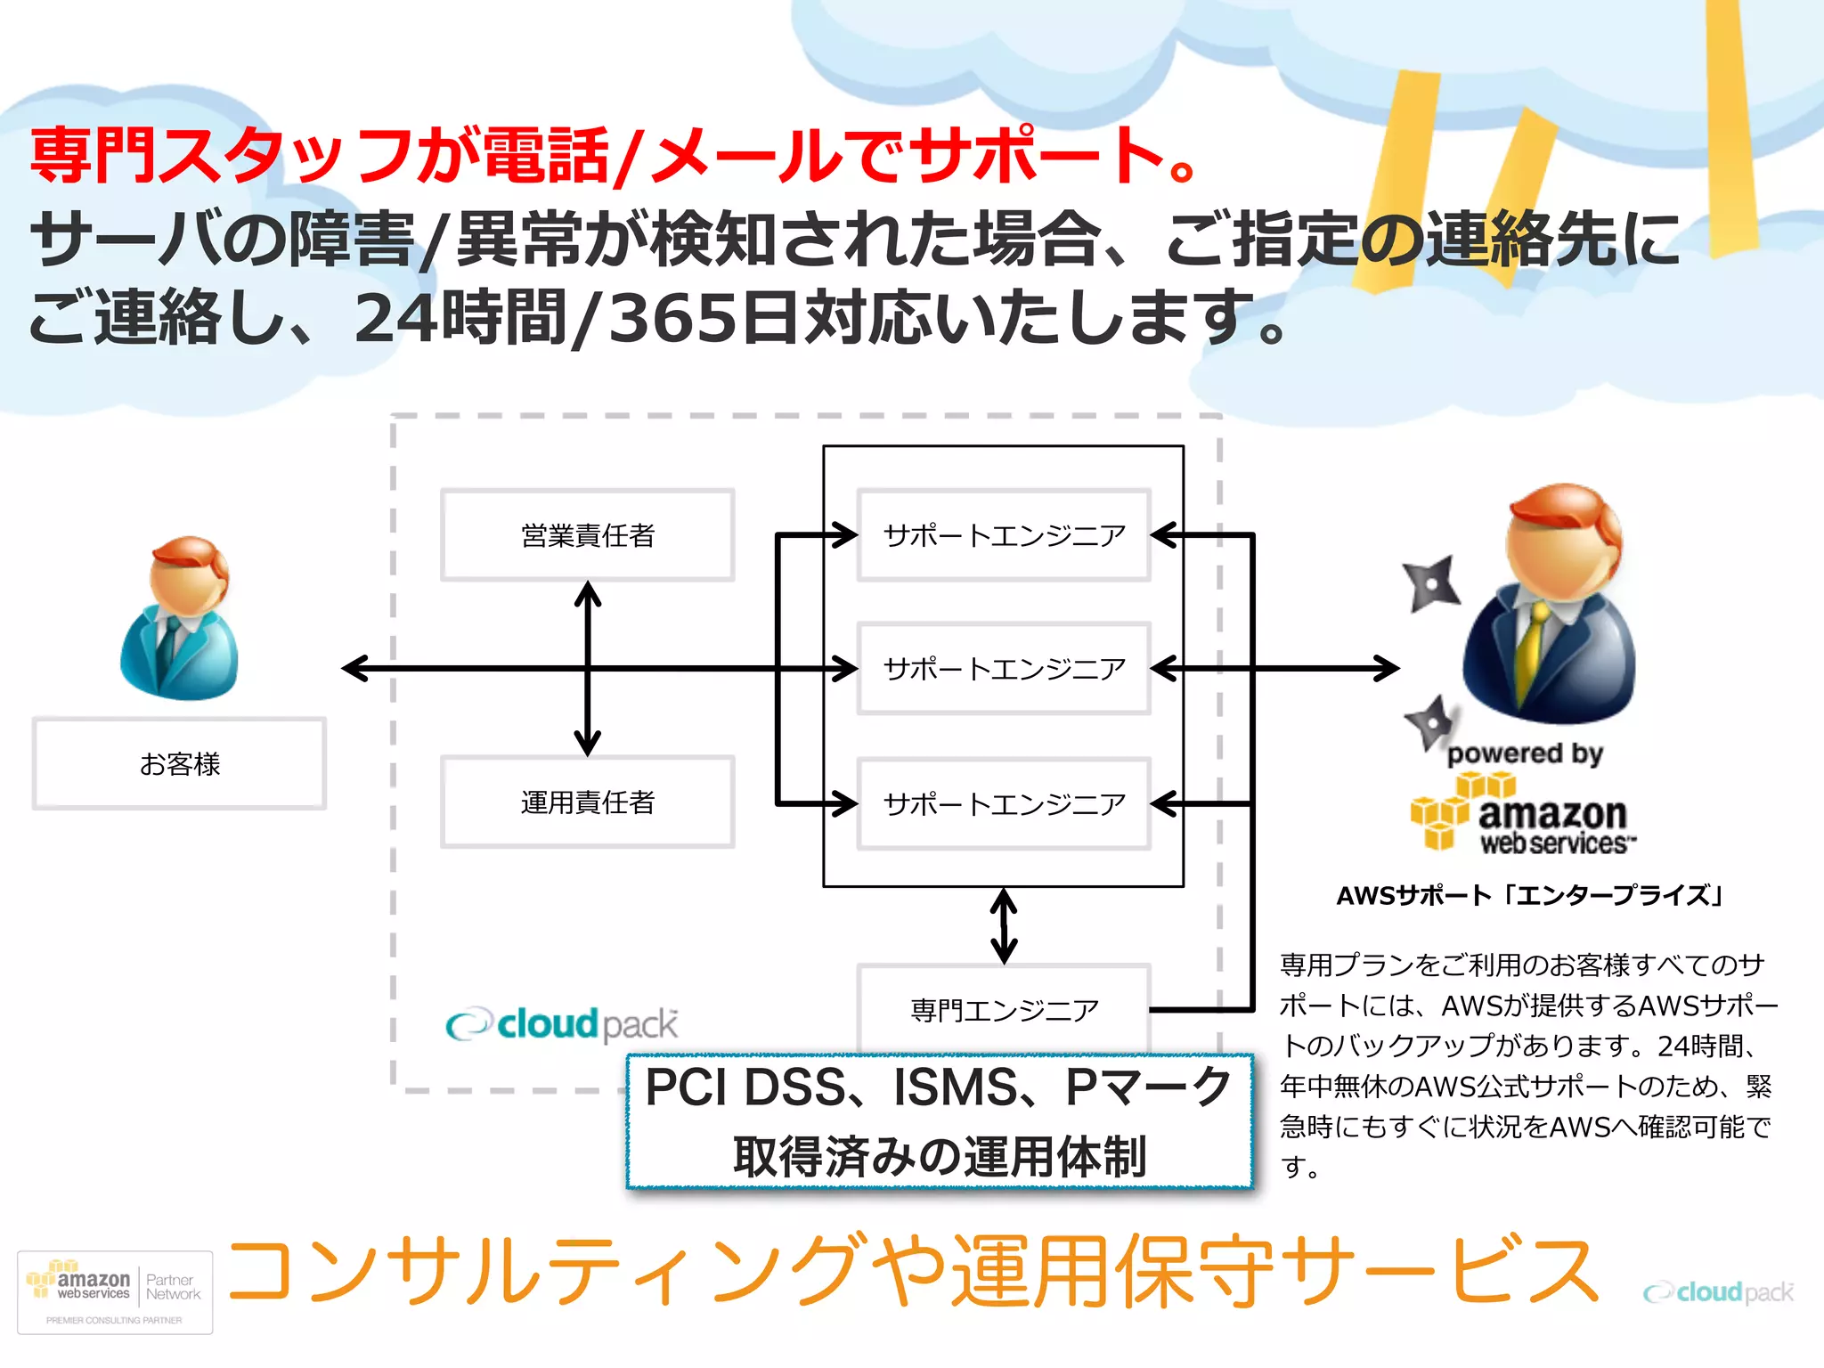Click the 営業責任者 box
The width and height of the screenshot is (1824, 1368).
click(x=588, y=535)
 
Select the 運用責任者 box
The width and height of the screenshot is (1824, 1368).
click(x=588, y=802)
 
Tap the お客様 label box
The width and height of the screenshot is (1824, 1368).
click(x=179, y=764)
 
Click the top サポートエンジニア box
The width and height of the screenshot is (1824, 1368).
click(x=1004, y=535)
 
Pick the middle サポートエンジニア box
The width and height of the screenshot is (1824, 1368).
click(x=1004, y=669)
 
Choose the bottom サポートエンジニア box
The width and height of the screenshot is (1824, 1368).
click(x=1004, y=804)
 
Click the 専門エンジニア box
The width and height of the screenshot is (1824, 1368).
click(x=1004, y=1009)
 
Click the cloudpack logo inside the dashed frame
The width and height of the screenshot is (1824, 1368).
click(x=562, y=1024)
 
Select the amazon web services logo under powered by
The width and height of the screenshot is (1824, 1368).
click(x=1523, y=815)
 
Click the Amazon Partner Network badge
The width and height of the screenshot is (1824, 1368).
click(x=115, y=1292)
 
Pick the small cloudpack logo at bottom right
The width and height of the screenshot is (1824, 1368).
click(x=1718, y=1292)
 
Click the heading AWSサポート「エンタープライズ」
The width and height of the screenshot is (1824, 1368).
click(x=1529, y=895)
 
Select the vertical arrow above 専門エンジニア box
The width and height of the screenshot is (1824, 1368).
click(x=1004, y=926)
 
